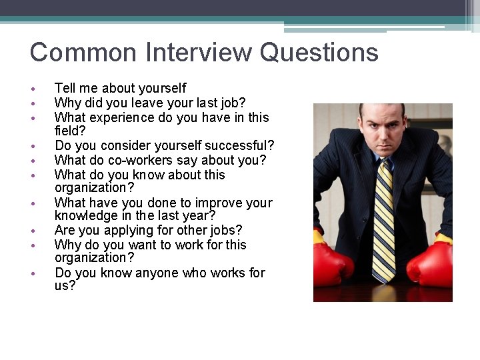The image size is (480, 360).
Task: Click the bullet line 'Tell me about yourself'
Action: (120, 88)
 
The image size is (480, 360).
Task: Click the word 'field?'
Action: (70, 131)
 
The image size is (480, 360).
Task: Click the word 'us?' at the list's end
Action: (65, 286)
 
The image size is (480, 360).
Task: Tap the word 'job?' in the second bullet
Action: (231, 103)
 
